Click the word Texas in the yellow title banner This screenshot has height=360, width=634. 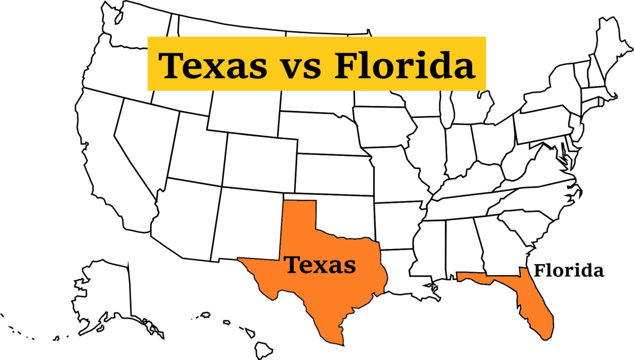pyautogui.click(x=213, y=65)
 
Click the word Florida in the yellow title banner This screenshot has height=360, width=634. pyautogui.click(x=405, y=65)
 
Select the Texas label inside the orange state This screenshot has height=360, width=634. pyautogui.click(x=320, y=265)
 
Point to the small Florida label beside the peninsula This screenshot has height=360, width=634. pyautogui.click(x=568, y=271)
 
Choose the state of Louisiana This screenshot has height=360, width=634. pyautogui.click(x=396, y=272)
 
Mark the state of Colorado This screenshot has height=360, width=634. pyautogui.click(x=260, y=161)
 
